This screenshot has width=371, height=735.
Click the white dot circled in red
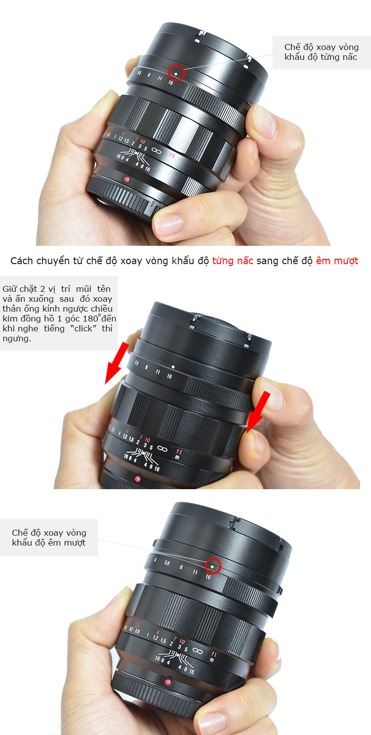click(176, 74)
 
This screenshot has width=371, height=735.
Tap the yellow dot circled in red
click(212, 567)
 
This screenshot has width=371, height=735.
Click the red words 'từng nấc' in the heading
click(232, 261)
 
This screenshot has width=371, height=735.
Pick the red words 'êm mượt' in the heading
click(337, 261)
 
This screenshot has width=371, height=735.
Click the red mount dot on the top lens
click(127, 179)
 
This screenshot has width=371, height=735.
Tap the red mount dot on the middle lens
click(138, 479)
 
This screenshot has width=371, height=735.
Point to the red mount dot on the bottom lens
click(168, 682)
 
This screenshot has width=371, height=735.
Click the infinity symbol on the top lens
click(156, 150)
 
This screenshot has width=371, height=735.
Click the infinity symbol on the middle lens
click(162, 448)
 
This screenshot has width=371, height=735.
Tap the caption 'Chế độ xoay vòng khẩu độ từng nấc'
click(322, 52)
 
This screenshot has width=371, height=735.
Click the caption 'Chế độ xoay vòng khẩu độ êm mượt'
click(49, 538)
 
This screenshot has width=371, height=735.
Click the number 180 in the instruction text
click(91, 319)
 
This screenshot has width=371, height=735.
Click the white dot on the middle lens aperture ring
click(173, 367)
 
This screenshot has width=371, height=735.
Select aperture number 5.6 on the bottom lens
click(167, 563)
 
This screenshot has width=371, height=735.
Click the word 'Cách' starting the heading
click(22, 261)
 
